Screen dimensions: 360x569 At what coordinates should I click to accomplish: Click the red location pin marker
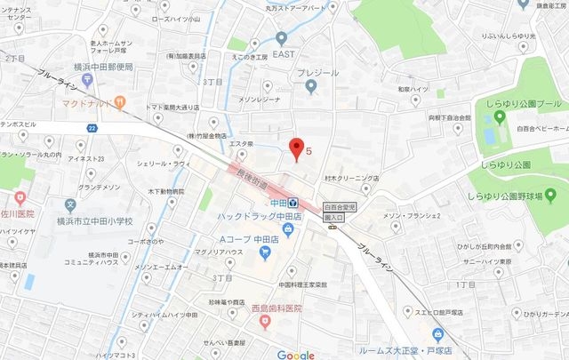[298, 148]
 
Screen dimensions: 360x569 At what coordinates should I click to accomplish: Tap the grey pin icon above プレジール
[310, 86]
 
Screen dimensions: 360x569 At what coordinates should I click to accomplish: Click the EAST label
[284, 53]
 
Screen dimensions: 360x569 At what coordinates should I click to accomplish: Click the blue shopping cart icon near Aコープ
[264, 253]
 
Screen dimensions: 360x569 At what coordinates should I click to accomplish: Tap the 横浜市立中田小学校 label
[92, 221]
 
